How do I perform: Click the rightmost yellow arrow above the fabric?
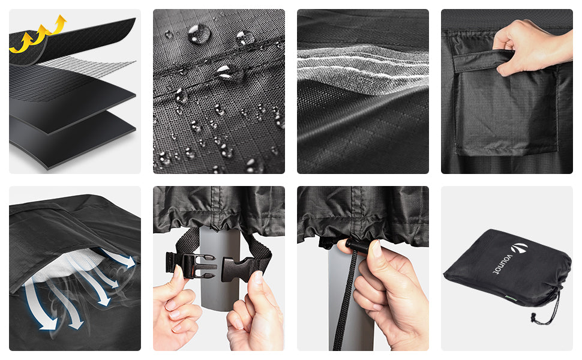pyautogui.click(x=59, y=25)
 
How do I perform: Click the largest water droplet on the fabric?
pyautogui.click(x=199, y=34)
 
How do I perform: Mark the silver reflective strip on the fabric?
pyautogui.click(x=362, y=68)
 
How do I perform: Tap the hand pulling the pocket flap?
pyautogui.click(x=533, y=46)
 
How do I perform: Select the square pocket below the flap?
pyautogui.click(x=506, y=112)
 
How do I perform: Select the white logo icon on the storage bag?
pyautogui.click(x=519, y=248)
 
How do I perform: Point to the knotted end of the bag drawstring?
pyautogui.click(x=534, y=318)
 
